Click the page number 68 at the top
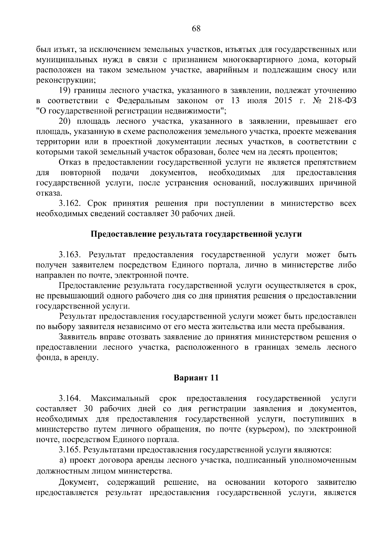tap(196, 29)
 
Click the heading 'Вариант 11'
tap(196, 378)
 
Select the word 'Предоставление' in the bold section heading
tap(122, 234)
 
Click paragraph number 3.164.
tap(71, 398)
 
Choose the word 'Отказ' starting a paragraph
tap(69, 163)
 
